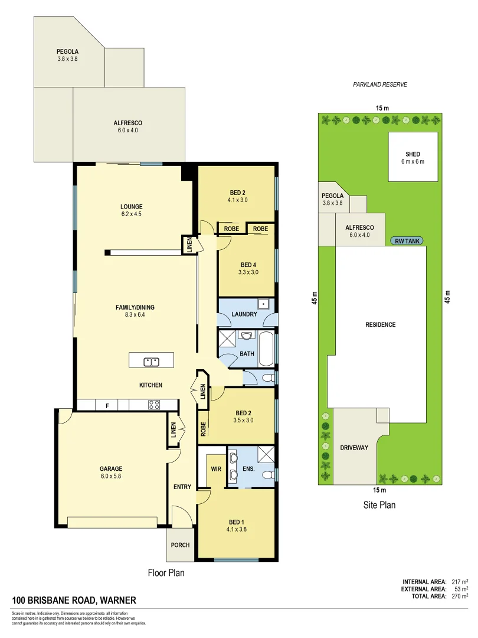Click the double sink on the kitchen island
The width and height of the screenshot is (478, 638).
pyautogui.click(x=152, y=361)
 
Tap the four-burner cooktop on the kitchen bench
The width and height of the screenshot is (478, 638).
pyautogui.click(x=154, y=405)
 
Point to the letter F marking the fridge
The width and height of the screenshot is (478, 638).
pyautogui.click(x=107, y=405)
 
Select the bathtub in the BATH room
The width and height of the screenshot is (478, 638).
pyautogui.click(x=266, y=350)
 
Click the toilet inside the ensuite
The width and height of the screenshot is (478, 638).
pyautogui.click(x=268, y=474)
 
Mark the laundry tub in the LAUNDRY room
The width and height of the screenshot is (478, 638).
pyautogui.click(x=266, y=305)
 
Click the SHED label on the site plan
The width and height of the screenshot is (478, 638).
pyautogui.click(x=412, y=154)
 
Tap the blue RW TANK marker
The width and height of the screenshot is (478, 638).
pyautogui.click(x=407, y=241)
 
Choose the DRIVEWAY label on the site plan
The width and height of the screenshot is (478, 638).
pyautogui.click(x=353, y=448)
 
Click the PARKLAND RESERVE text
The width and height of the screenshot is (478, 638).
pyautogui.click(x=380, y=84)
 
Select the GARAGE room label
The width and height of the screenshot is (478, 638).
pyautogui.click(x=110, y=469)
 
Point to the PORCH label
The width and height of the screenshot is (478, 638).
pyautogui.click(x=180, y=545)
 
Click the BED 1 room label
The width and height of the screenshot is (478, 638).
pyautogui.click(x=236, y=522)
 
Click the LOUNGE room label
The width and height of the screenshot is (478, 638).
pyautogui.click(x=131, y=207)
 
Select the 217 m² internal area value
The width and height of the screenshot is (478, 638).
pyautogui.click(x=457, y=581)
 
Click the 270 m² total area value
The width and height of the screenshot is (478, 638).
pyautogui.click(x=457, y=596)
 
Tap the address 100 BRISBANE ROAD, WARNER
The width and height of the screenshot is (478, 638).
pyautogui.click(x=74, y=601)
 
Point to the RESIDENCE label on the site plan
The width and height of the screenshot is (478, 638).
pyautogui.click(x=380, y=325)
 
